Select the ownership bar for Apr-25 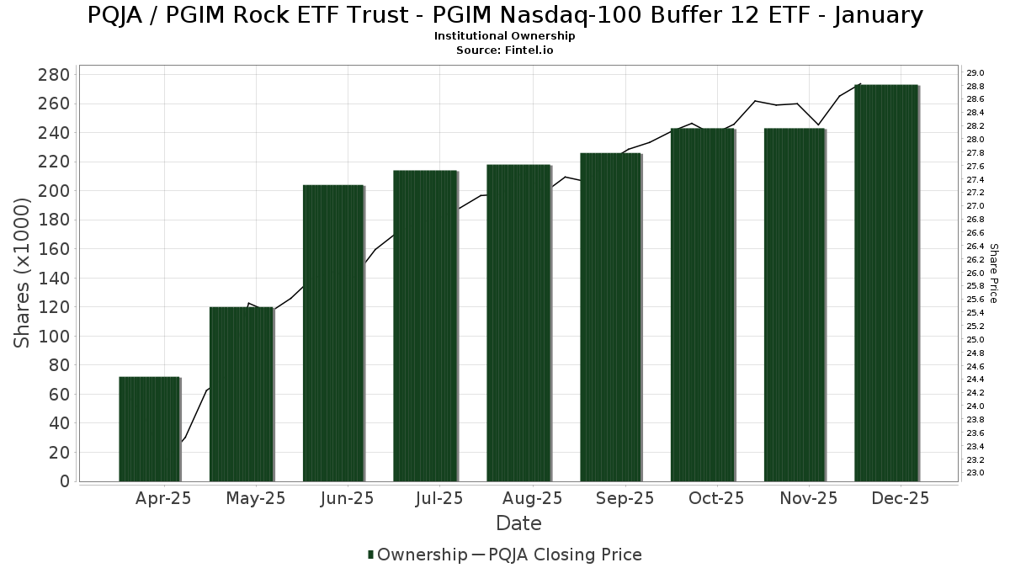point(149,429)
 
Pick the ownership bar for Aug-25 point(518,323)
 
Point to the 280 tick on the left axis point(53,75)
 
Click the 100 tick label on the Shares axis point(53,337)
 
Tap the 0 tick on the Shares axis point(64,481)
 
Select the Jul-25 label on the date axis point(439,499)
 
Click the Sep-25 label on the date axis point(624,499)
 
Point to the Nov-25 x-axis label point(807,499)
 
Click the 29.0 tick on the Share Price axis point(975,73)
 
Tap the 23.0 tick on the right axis point(975,473)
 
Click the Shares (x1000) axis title point(23,273)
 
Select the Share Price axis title point(994,273)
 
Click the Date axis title point(518,523)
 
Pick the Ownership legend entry point(417,555)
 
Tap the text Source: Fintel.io point(505,50)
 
